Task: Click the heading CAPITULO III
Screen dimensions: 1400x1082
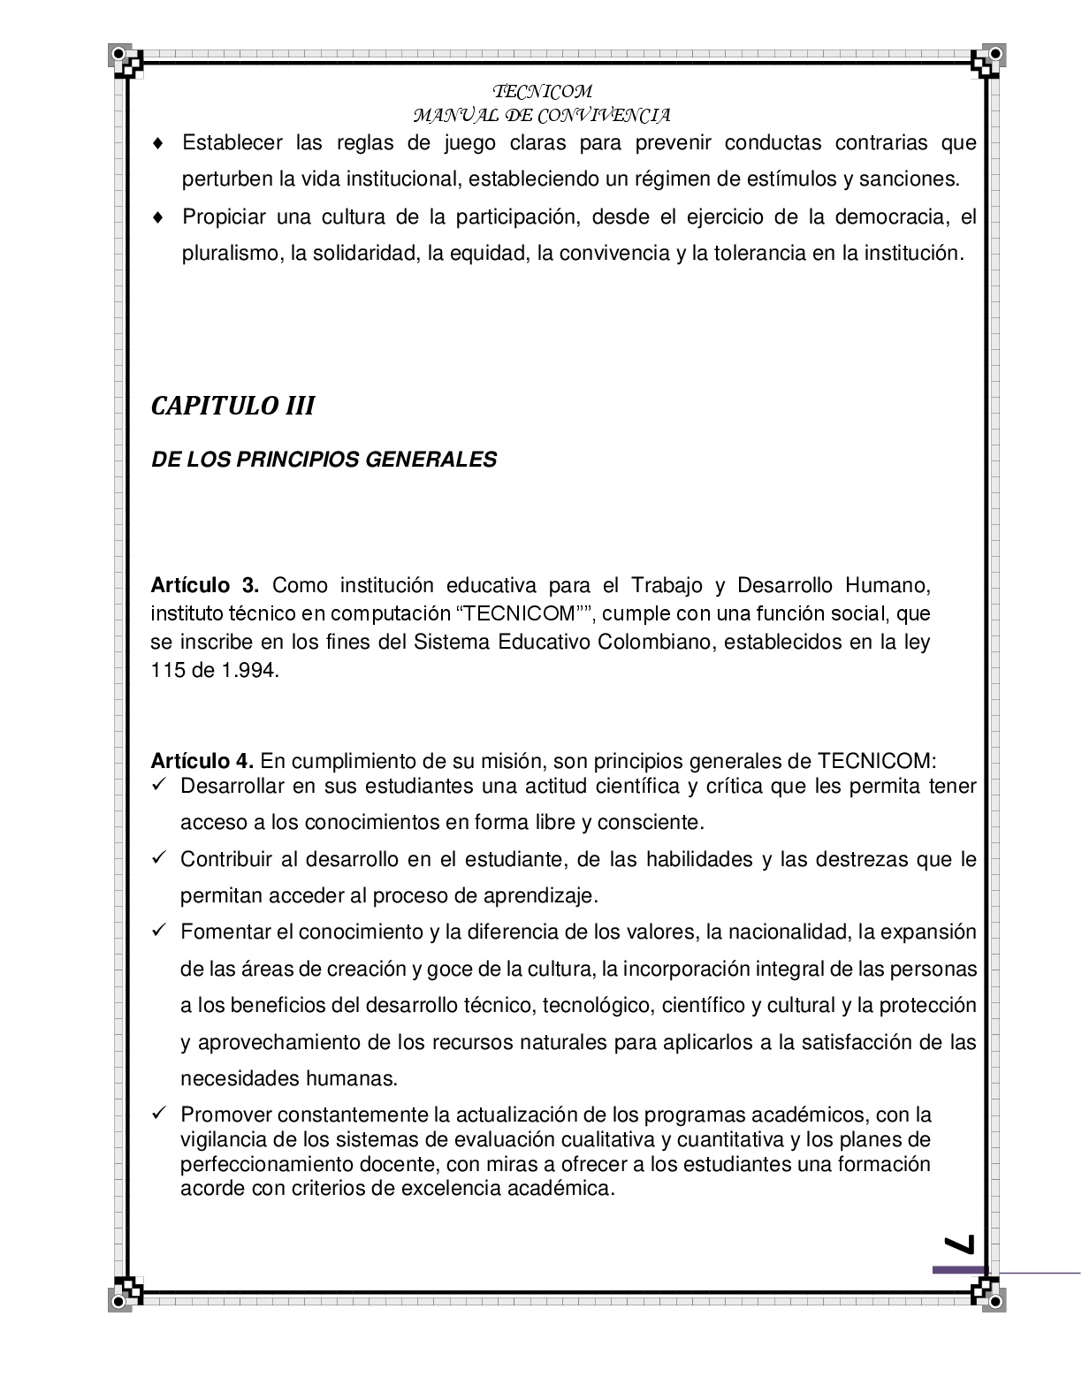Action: pos(233,406)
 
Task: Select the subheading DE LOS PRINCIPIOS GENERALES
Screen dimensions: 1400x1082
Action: pos(324,460)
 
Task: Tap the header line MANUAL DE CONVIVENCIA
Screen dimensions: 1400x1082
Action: pos(541,115)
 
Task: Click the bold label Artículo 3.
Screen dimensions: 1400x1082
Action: pos(204,585)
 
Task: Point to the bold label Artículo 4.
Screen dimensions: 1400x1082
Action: pos(202,761)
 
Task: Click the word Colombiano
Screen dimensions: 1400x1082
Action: pos(658,642)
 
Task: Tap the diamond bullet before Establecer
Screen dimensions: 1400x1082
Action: pos(158,143)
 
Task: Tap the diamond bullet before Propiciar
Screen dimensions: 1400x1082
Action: pos(158,217)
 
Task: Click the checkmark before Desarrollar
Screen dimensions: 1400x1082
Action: pos(159,785)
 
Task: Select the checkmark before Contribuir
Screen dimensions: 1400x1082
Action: pos(159,858)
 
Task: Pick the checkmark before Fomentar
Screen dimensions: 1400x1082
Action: pos(159,932)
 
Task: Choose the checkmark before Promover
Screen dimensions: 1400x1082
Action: pos(159,1114)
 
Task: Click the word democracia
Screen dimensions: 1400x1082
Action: pos(891,217)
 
